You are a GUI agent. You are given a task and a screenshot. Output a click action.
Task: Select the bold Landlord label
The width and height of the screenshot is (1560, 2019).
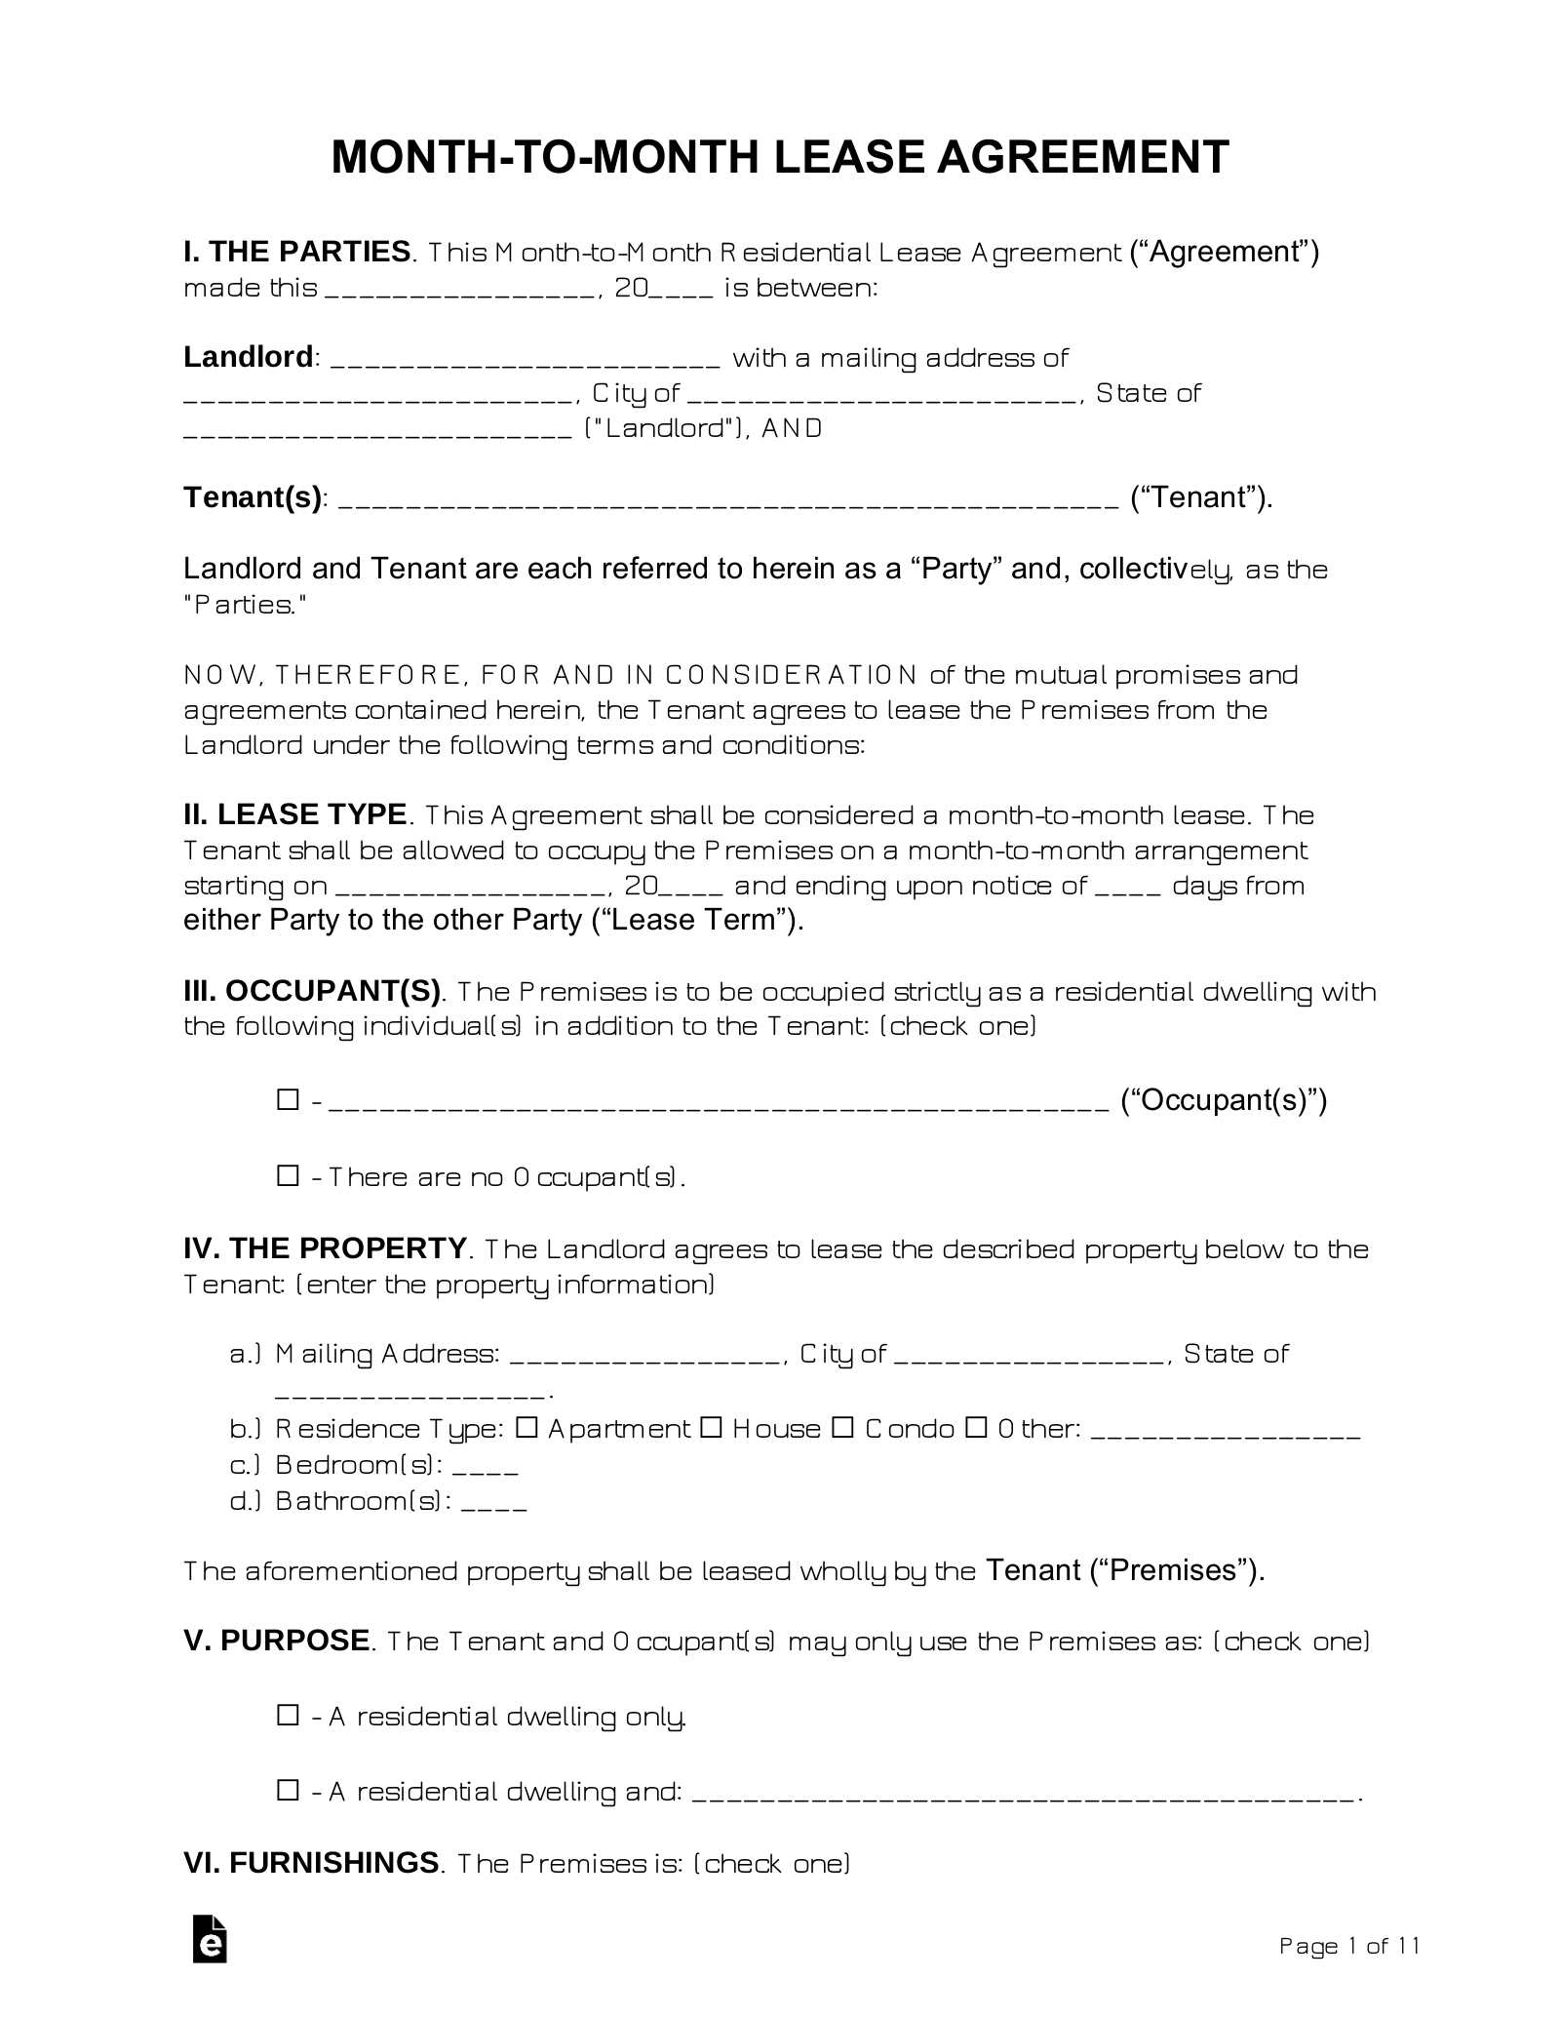[248, 357]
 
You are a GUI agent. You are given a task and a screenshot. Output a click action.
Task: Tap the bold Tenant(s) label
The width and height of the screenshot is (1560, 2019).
[253, 497]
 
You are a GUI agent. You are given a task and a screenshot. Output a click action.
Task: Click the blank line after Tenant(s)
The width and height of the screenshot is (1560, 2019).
[731, 501]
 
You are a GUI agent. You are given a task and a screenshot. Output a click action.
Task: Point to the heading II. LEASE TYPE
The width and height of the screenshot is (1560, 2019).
[294, 813]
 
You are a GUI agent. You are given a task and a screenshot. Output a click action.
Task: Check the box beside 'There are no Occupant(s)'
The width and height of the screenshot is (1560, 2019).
[288, 1176]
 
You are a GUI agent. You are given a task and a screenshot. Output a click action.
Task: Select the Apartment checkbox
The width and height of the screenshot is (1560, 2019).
[526, 1428]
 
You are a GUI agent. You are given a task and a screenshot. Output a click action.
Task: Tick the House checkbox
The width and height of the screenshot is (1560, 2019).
[712, 1428]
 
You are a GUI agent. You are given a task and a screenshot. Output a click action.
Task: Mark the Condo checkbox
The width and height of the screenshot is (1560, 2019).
[843, 1428]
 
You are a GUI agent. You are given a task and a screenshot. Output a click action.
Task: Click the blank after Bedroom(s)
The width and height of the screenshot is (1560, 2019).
[486, 1467]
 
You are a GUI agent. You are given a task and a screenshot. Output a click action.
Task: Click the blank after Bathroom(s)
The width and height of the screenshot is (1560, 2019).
[493, 1503]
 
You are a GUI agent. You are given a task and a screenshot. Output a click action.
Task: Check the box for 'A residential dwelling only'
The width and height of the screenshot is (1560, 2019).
[288, 1715]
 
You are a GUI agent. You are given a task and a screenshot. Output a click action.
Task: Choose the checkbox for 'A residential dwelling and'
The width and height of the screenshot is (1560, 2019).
[288, 1790]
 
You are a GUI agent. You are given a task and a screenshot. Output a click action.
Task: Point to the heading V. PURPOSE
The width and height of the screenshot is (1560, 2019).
[276, 1640]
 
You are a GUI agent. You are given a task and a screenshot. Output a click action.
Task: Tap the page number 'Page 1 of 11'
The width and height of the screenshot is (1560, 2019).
[1348, 1946]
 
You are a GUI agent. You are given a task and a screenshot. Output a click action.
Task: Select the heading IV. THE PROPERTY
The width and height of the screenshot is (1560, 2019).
[325, 1248]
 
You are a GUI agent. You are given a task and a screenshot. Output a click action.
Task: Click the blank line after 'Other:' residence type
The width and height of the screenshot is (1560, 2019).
[1225, 1433]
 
